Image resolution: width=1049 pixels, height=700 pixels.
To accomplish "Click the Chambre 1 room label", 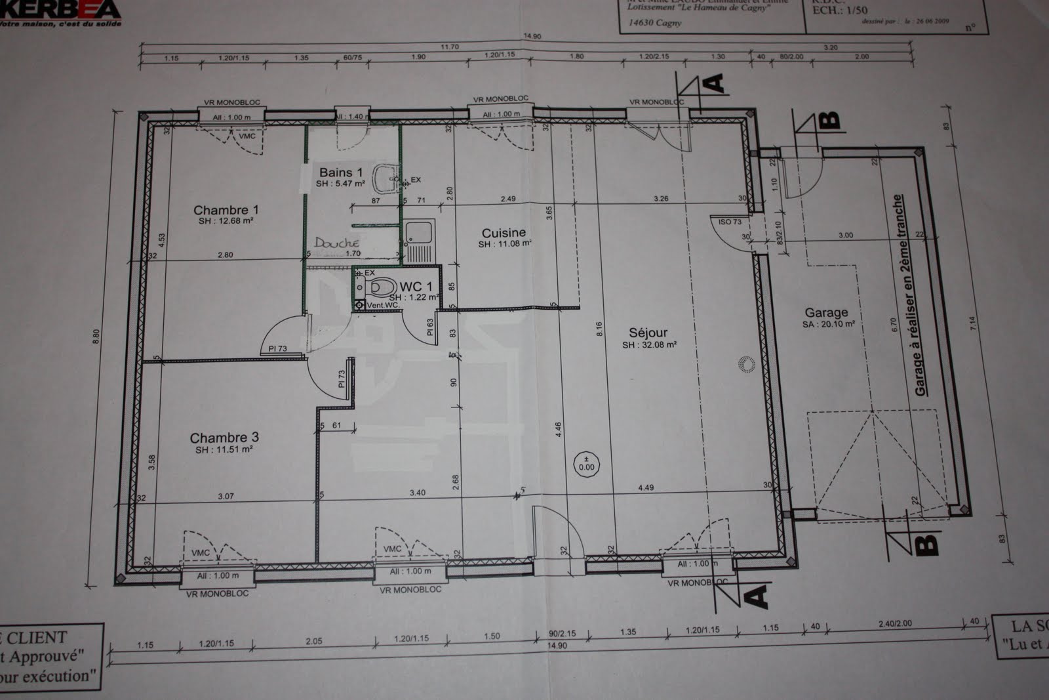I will click(x=226, y=210).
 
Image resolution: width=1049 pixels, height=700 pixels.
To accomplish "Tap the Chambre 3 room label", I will click(x=224, y=438).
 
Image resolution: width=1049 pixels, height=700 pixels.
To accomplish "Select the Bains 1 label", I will click(x=340, y=173).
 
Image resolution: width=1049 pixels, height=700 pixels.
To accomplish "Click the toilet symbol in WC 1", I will click(x=382, y=287).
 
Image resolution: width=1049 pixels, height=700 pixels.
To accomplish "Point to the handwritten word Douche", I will click(x=337, y=243).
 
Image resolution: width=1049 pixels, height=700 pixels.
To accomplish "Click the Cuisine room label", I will click(x=504, y=233).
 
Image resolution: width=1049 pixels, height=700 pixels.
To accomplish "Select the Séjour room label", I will click(x=648, y=333).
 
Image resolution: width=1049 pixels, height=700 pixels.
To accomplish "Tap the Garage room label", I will click(x=826, y=313).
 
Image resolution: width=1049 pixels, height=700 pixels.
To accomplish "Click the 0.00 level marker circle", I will click(x=586, y=464).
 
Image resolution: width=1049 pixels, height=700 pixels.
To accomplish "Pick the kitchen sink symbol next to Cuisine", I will click(x=418, y=232).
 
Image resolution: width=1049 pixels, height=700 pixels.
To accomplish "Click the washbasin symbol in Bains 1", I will click(x=387, y=175).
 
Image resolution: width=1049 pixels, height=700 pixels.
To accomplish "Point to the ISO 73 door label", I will click(x=730, y=222).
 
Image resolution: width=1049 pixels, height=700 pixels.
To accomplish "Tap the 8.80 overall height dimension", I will click(x=97, y=336).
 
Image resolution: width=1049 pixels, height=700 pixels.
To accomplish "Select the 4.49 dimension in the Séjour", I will click(x=645, y=487).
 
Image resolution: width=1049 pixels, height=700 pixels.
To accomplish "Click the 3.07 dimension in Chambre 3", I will click(x=226, y=496).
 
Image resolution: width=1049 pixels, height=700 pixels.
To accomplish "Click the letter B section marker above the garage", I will click(x=829, y=120).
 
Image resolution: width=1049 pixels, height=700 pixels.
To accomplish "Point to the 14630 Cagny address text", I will click(x=654, y=22).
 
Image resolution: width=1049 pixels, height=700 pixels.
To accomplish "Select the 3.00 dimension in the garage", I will click(x=846, y=235).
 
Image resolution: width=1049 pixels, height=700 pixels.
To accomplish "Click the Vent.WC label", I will click(x=382, y=305).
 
